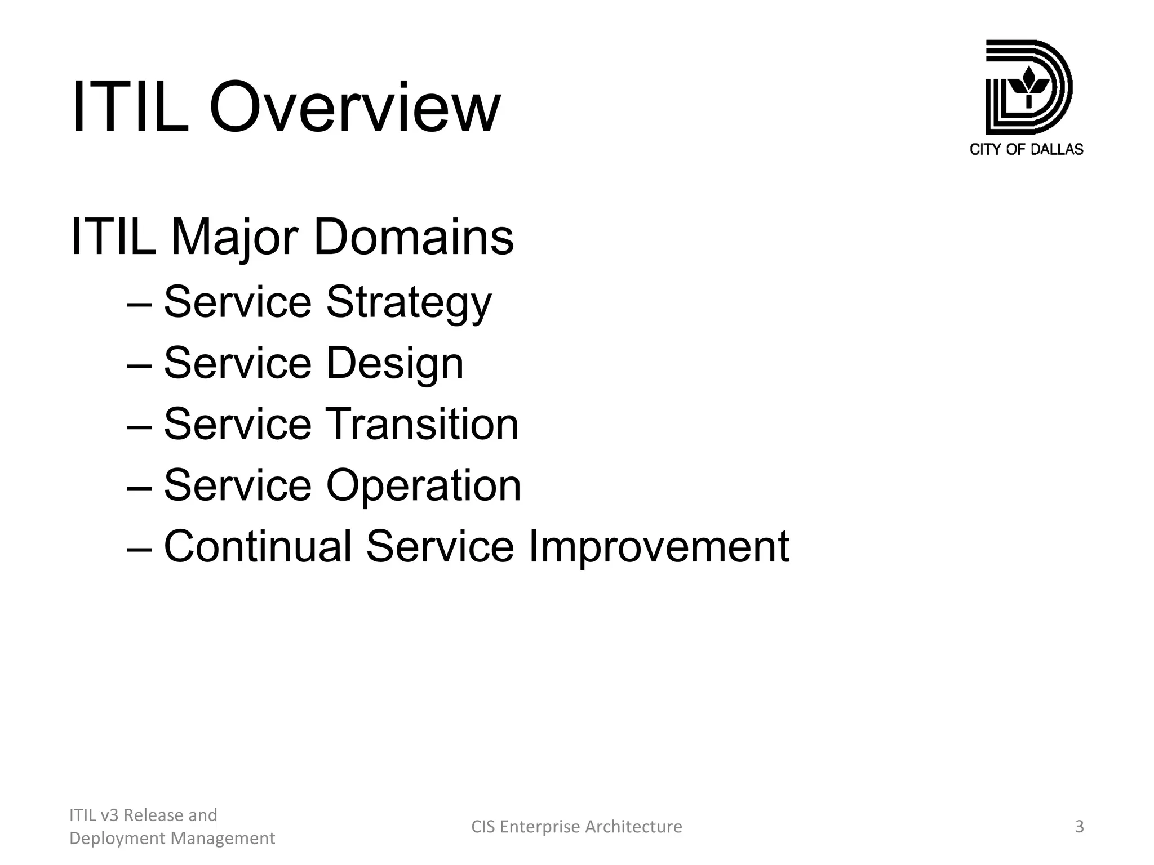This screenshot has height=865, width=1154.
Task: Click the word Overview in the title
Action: pos(354,107)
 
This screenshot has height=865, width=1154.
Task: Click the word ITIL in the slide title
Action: pos(129,107)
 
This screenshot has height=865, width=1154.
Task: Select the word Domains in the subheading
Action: pos(413,237)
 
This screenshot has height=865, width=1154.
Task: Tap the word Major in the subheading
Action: pos(233,237)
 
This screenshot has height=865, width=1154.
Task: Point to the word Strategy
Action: pos(409,303)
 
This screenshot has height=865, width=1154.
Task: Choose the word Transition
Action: pos(422,424)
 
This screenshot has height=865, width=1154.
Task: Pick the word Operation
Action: pos(423,485)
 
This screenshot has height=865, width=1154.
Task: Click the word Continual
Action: pos(258,546)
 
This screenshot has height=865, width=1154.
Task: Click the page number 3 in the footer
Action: pos(1079,827)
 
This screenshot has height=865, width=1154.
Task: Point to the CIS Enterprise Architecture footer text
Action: pos(576,827)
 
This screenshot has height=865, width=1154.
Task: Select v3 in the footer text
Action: pos(110,815)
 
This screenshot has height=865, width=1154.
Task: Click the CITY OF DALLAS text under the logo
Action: pos(1026,149)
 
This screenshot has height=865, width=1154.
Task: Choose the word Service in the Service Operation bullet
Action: pos(237,485)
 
